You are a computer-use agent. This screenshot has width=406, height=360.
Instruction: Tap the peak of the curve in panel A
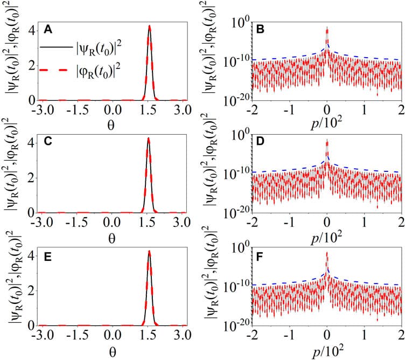pyautogui.click(x=150, y=26)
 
